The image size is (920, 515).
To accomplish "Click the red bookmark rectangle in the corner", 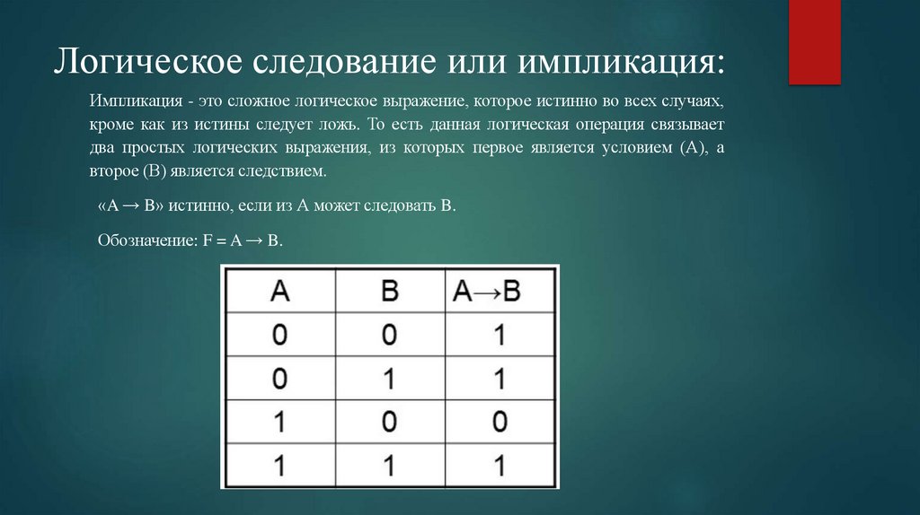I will pos(814,40).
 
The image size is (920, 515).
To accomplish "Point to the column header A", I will pos(280,291).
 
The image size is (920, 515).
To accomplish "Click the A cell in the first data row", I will pos(280,336).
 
